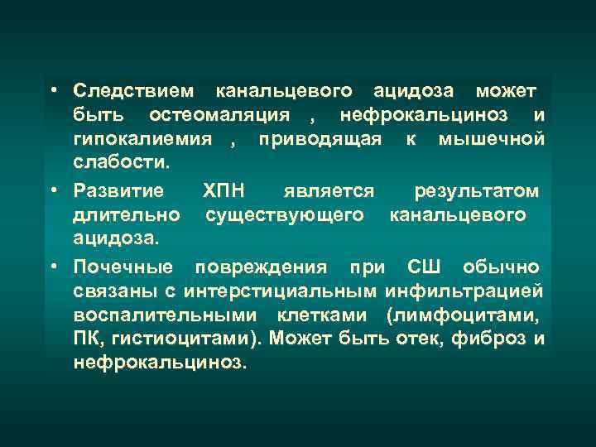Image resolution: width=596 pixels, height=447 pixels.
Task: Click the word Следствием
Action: coord(135,89)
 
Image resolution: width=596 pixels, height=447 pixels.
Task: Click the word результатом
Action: coord(477,191)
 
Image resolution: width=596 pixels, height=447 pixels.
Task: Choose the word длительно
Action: coord(127,214)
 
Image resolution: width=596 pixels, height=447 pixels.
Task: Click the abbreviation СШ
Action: coord(425,268)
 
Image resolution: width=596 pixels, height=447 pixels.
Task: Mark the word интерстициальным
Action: coord(281,291)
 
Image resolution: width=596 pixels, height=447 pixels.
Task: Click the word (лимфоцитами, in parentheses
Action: coord(464,315)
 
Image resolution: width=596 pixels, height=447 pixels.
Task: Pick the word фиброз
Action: coord(491,339)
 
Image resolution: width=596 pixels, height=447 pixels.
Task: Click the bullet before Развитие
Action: coord(52,191)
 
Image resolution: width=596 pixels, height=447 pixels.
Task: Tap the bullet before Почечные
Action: coord(52,268)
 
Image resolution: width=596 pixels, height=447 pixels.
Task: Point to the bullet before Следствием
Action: coord(52,89)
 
